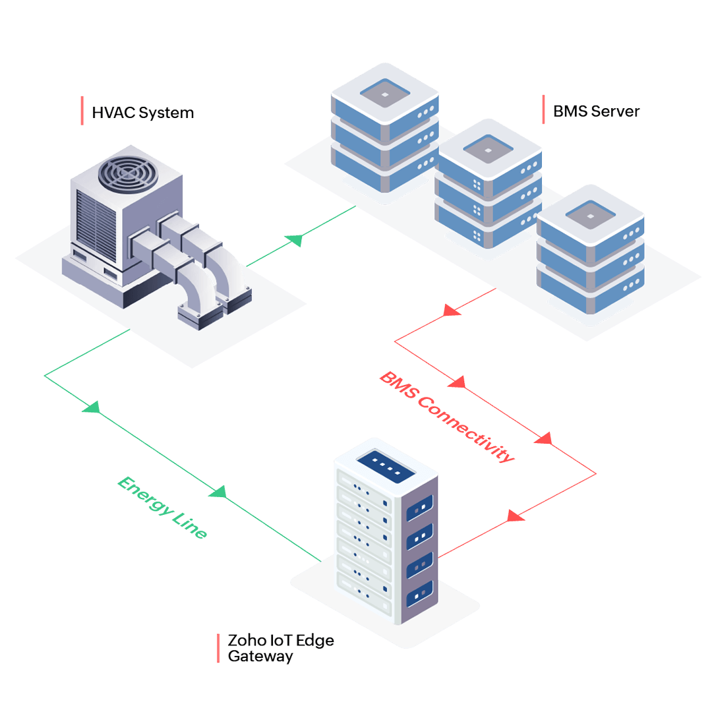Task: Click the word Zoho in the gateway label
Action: [x=243, y=640]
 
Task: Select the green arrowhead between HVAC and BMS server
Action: [x=297, y=240]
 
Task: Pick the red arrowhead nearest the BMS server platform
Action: [x=452, y=309]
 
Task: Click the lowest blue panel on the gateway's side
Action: [x=419, y=595]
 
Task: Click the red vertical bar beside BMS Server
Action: [x=543, y=109]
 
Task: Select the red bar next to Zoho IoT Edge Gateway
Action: [x=218, y=648]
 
